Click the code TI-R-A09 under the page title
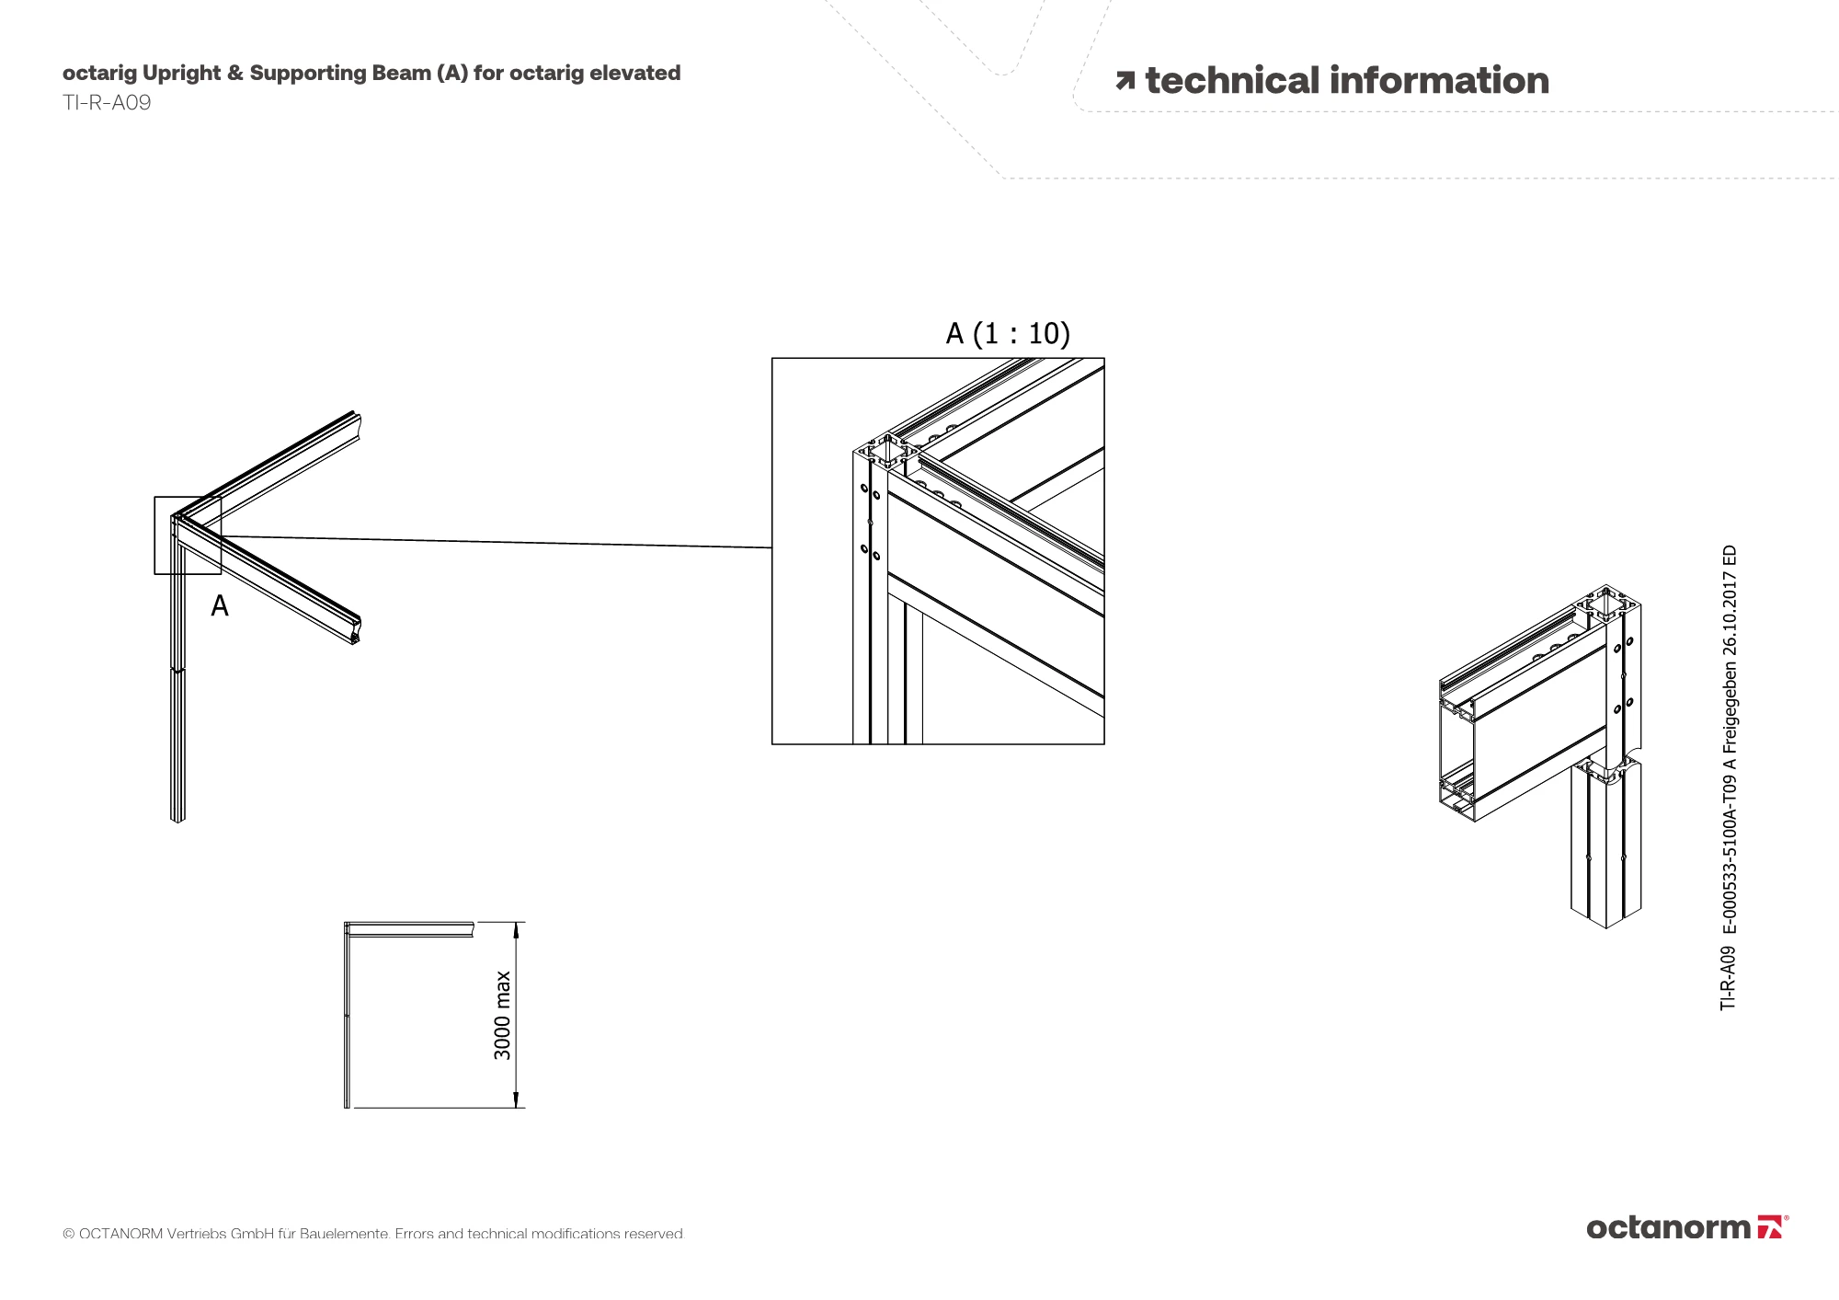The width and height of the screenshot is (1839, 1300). point(107,103)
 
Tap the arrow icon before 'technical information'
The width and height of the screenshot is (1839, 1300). point(1125,81)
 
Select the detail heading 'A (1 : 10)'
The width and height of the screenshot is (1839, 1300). point(1008,333)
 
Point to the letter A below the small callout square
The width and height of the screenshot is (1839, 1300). point(220,606)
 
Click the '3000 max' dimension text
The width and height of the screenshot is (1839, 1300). point(503,1015)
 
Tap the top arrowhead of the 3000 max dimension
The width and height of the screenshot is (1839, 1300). point(517,929)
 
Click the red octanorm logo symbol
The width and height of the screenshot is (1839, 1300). point(1769,1227)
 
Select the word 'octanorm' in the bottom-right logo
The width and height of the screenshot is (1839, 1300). point(1668,1228)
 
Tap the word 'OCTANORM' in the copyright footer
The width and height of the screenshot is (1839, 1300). point(120,1234)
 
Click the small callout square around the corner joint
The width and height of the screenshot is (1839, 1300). point(188,535)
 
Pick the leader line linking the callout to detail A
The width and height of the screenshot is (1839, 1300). point(497,542)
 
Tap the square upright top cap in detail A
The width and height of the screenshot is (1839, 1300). point(885,452)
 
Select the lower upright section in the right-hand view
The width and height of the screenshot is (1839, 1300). point(1605,846)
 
